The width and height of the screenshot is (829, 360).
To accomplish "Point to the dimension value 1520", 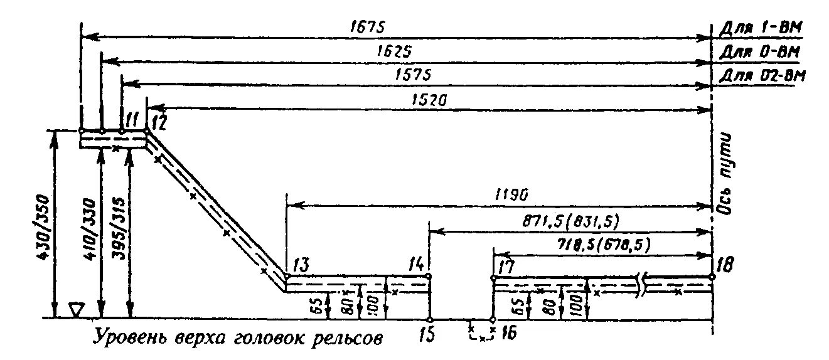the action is click(429, 99).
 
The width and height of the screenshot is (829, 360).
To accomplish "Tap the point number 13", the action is click(299, 263).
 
